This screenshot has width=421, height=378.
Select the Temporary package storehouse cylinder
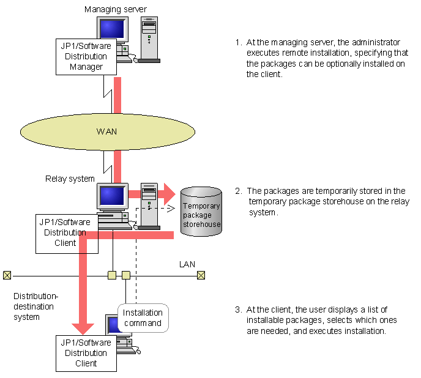[201, 212]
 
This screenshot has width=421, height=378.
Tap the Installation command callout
[142, 318]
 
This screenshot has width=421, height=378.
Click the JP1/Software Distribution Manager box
[86, 57]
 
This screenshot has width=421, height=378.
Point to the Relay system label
[70, 179]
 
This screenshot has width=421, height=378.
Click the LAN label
[187, 264]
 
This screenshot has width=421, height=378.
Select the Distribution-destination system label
[35, 306]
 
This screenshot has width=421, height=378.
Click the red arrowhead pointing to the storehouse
[166, 195]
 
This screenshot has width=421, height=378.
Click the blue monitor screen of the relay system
[112, 196]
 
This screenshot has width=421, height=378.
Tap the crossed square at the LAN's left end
[7, 275]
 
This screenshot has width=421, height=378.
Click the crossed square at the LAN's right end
[201, 275]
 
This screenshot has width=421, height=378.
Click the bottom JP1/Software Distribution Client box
[86, 353]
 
